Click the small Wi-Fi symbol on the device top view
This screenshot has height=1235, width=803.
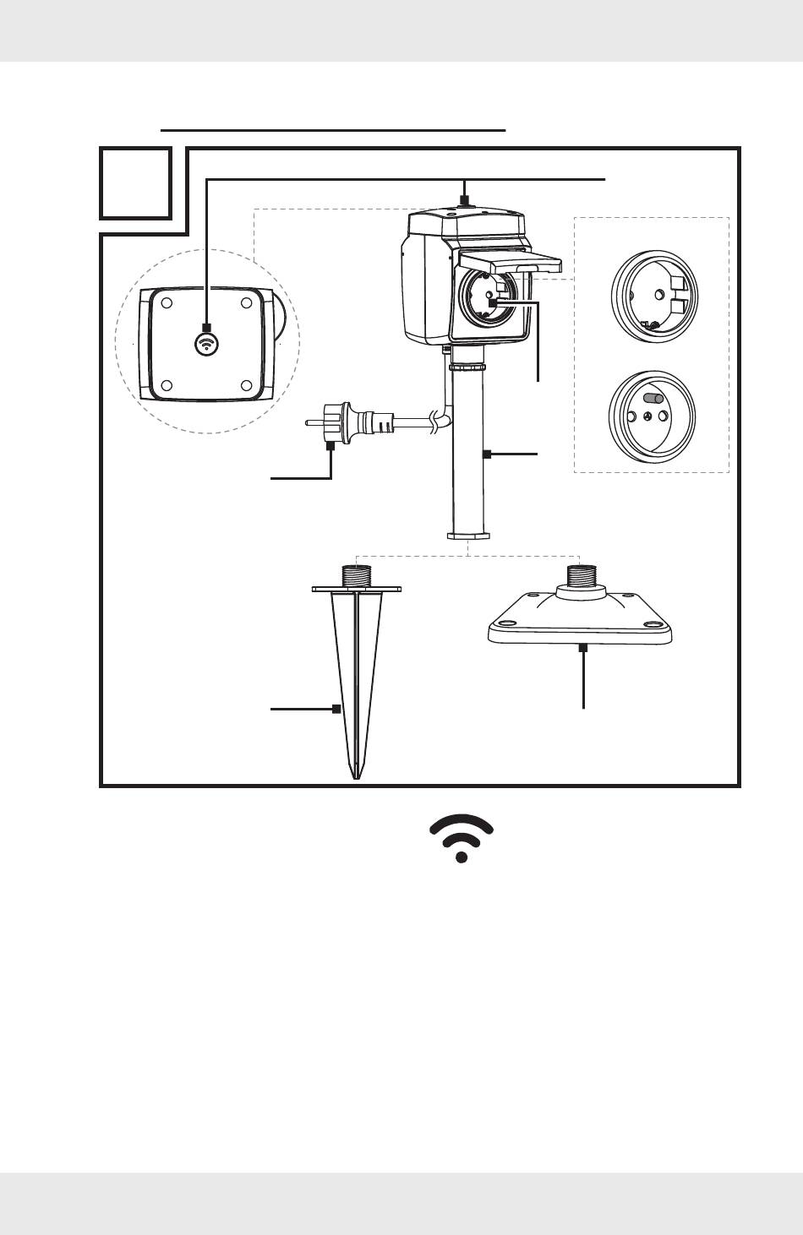(x=207, y=343)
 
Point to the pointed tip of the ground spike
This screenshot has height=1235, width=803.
(x=357, y=772)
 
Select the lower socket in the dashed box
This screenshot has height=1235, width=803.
(x=652, y=417)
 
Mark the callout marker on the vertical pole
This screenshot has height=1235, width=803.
(x=487, y=454)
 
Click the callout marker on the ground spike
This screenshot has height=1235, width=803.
(x=336, y=709)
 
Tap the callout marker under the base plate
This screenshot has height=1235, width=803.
(x=583, y=648)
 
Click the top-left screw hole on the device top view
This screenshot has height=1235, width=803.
(x=167, y=302)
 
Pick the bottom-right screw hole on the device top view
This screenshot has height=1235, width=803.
(x=246, y=385)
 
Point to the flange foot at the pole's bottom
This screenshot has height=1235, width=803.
(x=468, y=536)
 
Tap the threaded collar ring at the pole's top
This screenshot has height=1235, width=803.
(x=468, y=367)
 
